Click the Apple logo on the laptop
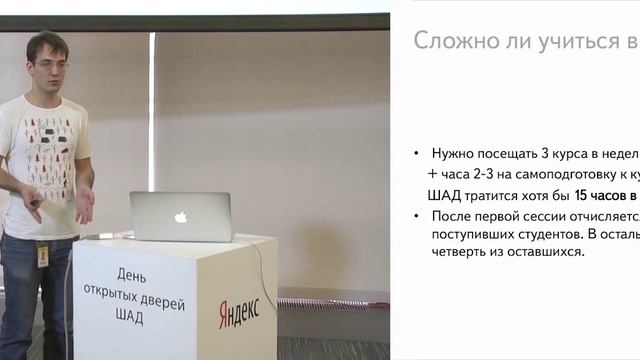point(181,216)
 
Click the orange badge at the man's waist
point(42,256)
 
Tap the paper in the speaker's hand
point(55,210)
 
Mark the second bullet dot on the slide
point(417,216)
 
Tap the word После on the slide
point(452,215)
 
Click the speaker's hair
point(45,42)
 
